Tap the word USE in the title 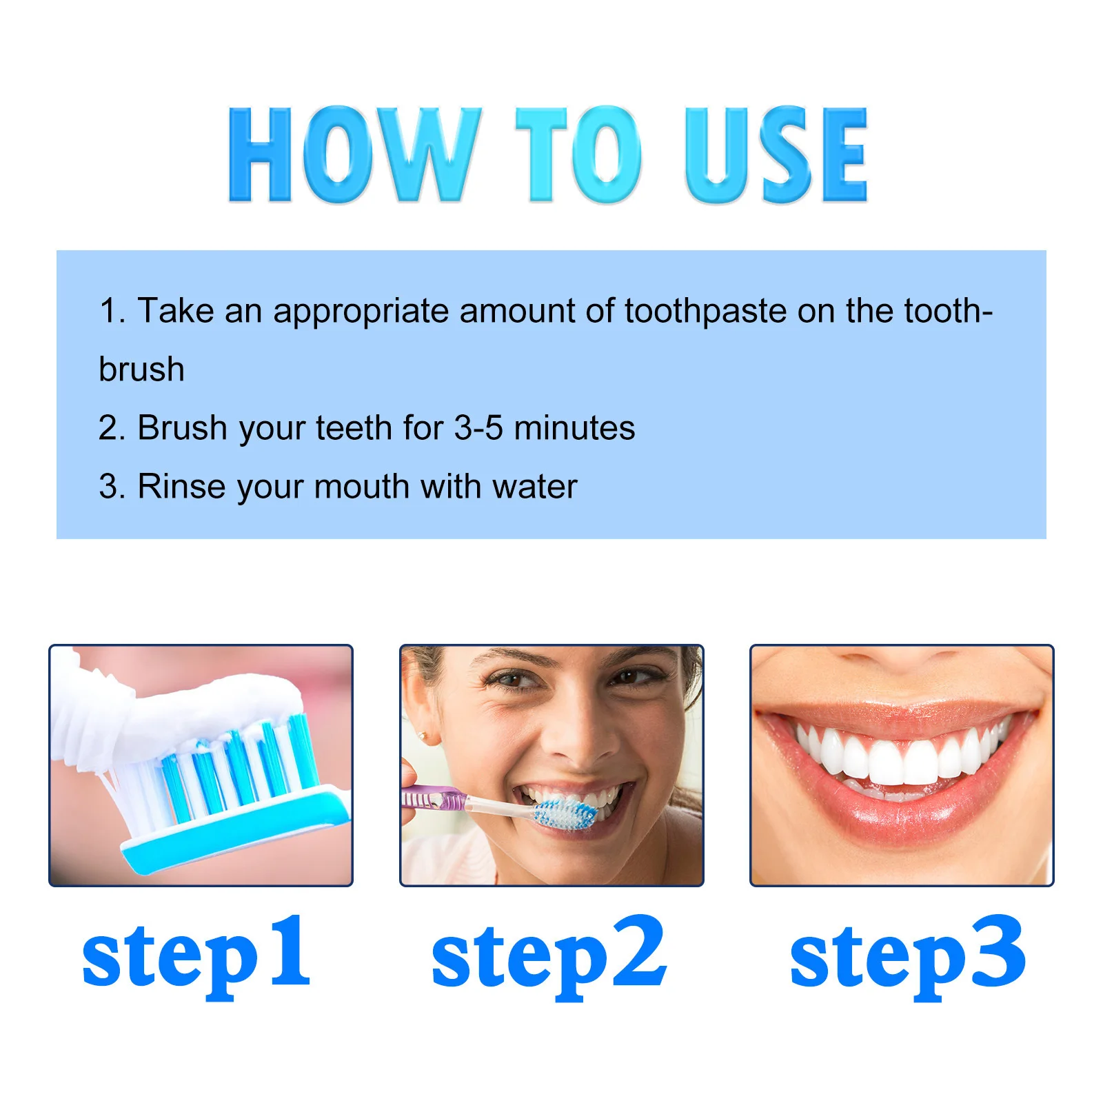776,155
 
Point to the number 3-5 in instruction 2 478,428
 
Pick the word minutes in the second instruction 574,428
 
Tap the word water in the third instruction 535,487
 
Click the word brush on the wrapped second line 142,370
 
